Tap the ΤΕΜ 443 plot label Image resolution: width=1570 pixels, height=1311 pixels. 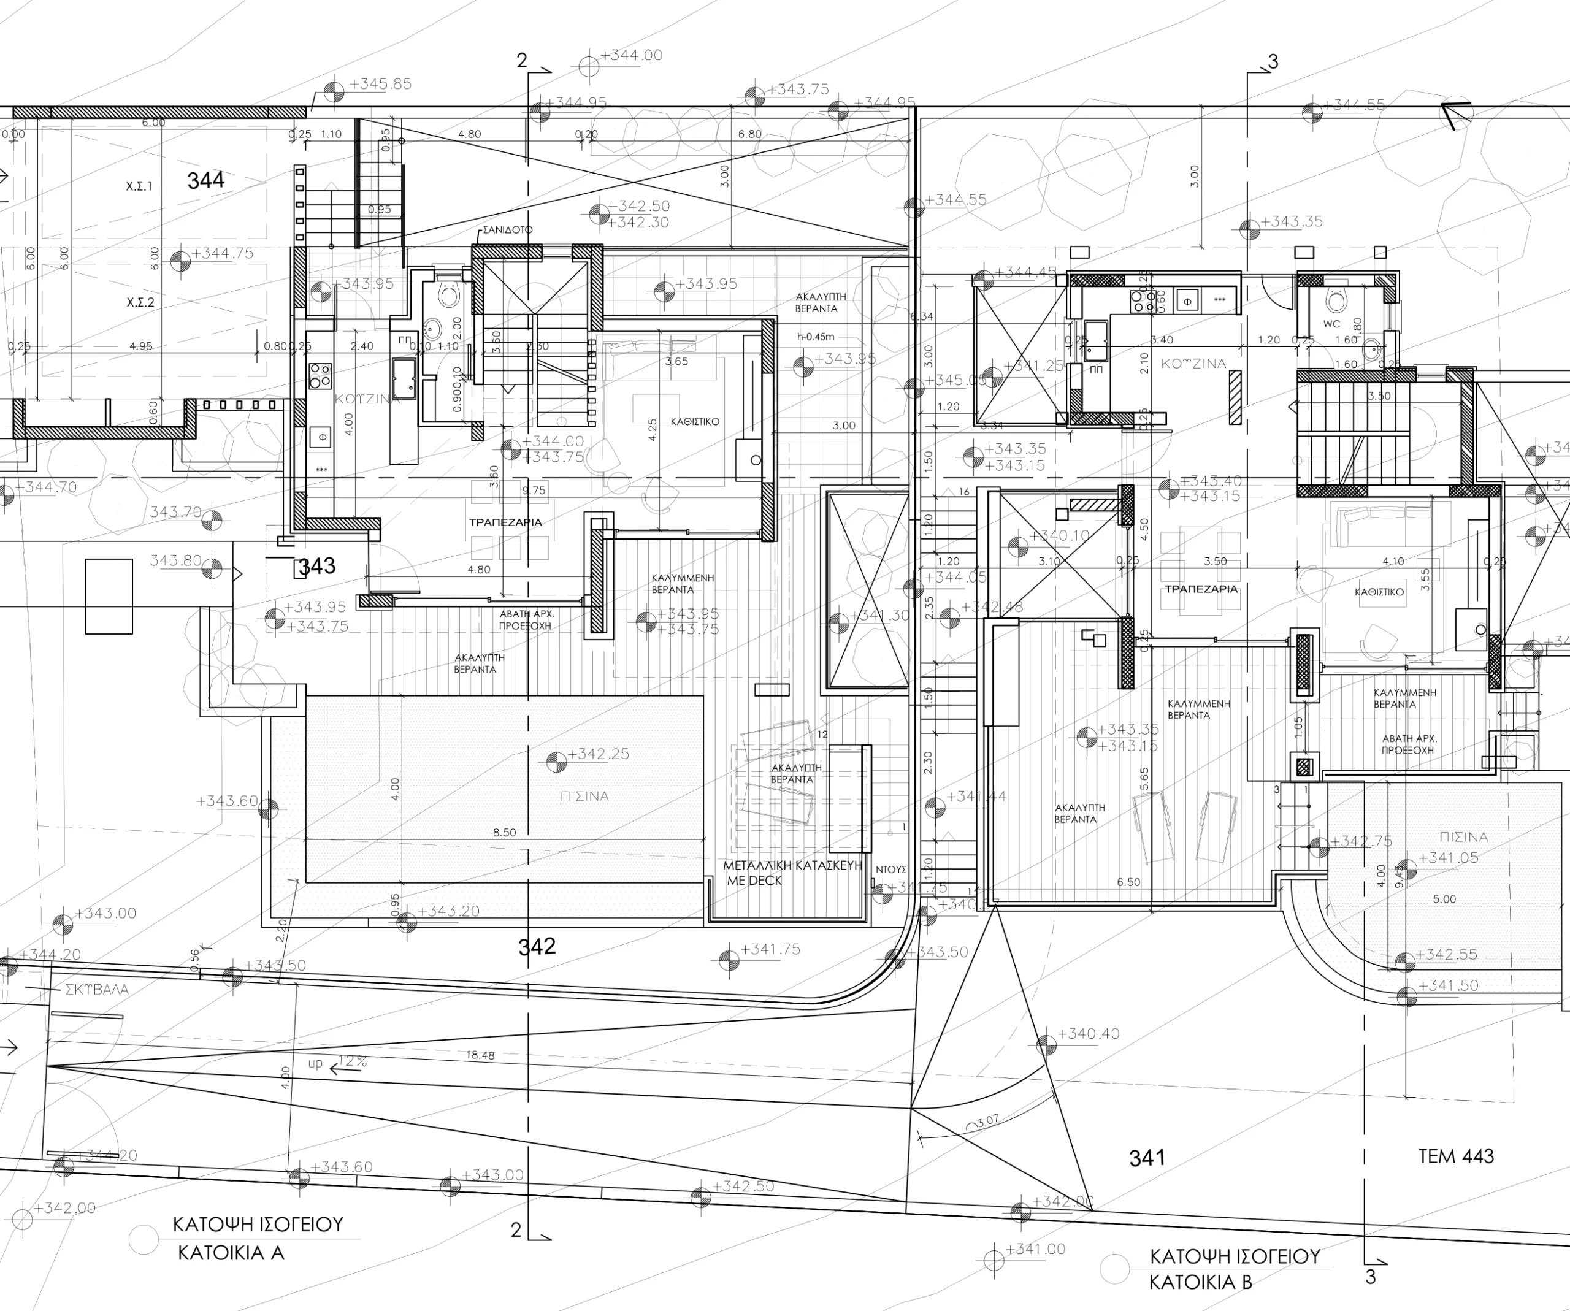point(1455,1156)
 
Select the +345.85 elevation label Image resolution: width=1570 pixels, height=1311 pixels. point(380,84)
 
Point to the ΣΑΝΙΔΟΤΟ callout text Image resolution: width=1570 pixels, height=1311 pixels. point(508,229)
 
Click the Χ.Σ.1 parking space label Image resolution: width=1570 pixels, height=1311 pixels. point(139,186)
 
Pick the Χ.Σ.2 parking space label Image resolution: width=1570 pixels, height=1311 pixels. point(140,303)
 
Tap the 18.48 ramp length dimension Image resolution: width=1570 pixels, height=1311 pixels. point(480,1055)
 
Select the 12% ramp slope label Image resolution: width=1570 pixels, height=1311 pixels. point(353,1061)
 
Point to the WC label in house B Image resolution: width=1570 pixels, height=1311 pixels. point(1331,324)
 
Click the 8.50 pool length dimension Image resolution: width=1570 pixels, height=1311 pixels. point(505,833)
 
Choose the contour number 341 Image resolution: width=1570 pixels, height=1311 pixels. point(1147,1158)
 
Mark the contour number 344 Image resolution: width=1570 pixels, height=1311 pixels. point(205,180)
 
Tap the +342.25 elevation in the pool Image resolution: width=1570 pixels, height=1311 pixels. point(598,754)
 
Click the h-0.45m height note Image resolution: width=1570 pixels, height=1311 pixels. point(816,337)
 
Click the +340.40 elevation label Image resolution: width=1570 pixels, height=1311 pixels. point(1089,1034)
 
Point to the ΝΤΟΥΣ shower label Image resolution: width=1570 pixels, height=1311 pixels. point(891,870)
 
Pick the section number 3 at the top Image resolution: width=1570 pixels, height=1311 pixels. point(1273,61)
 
